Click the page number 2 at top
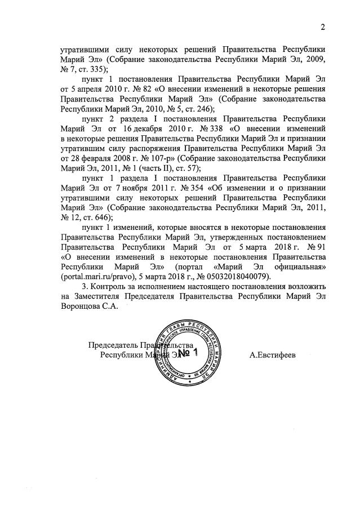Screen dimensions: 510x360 pos(323,27)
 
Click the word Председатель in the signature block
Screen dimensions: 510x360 pos(113,345)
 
